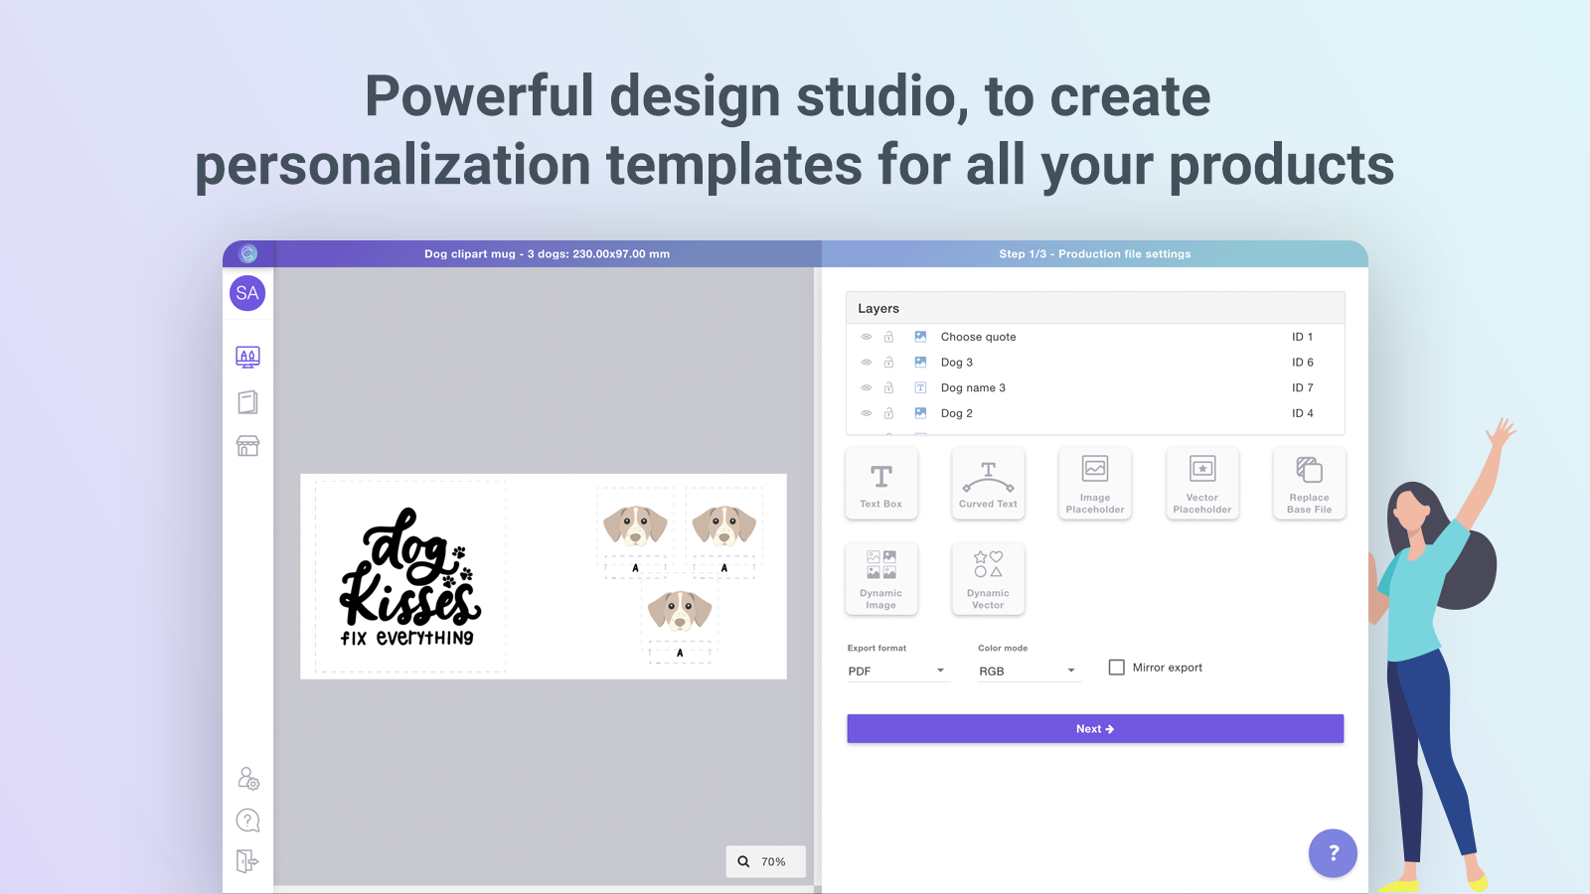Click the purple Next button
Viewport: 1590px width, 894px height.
1094,729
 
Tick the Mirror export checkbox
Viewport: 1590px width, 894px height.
1117,668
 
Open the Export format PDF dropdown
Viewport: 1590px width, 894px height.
896,671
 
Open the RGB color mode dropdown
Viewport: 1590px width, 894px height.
1028,671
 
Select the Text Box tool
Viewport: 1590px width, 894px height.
881,484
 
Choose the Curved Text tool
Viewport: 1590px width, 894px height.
988,484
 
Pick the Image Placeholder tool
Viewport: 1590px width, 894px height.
1095,484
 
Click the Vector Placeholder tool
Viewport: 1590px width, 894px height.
1202,484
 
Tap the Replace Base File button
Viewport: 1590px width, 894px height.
1309,484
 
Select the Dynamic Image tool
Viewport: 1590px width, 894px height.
881,579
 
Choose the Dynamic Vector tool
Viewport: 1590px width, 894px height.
988,579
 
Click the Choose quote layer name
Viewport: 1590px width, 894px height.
978,337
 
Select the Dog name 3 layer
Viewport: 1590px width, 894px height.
973,388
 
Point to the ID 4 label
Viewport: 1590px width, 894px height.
1302,413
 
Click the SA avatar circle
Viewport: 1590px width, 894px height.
247,293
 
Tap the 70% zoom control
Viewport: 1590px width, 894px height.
765,861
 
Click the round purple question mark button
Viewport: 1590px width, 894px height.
1333,852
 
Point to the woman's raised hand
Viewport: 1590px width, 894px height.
1501,432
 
